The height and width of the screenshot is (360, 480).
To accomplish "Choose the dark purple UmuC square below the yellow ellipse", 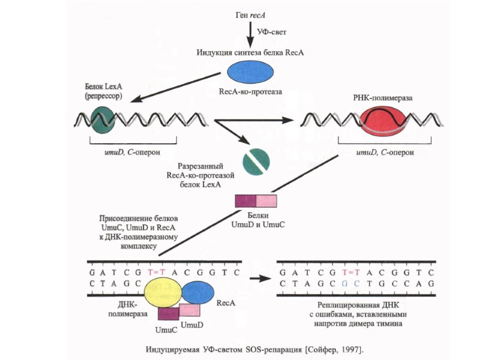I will click(169, 313).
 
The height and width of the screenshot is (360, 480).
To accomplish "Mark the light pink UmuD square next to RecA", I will click(190, 310).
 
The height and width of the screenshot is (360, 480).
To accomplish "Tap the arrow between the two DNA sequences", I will click(259, 278).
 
